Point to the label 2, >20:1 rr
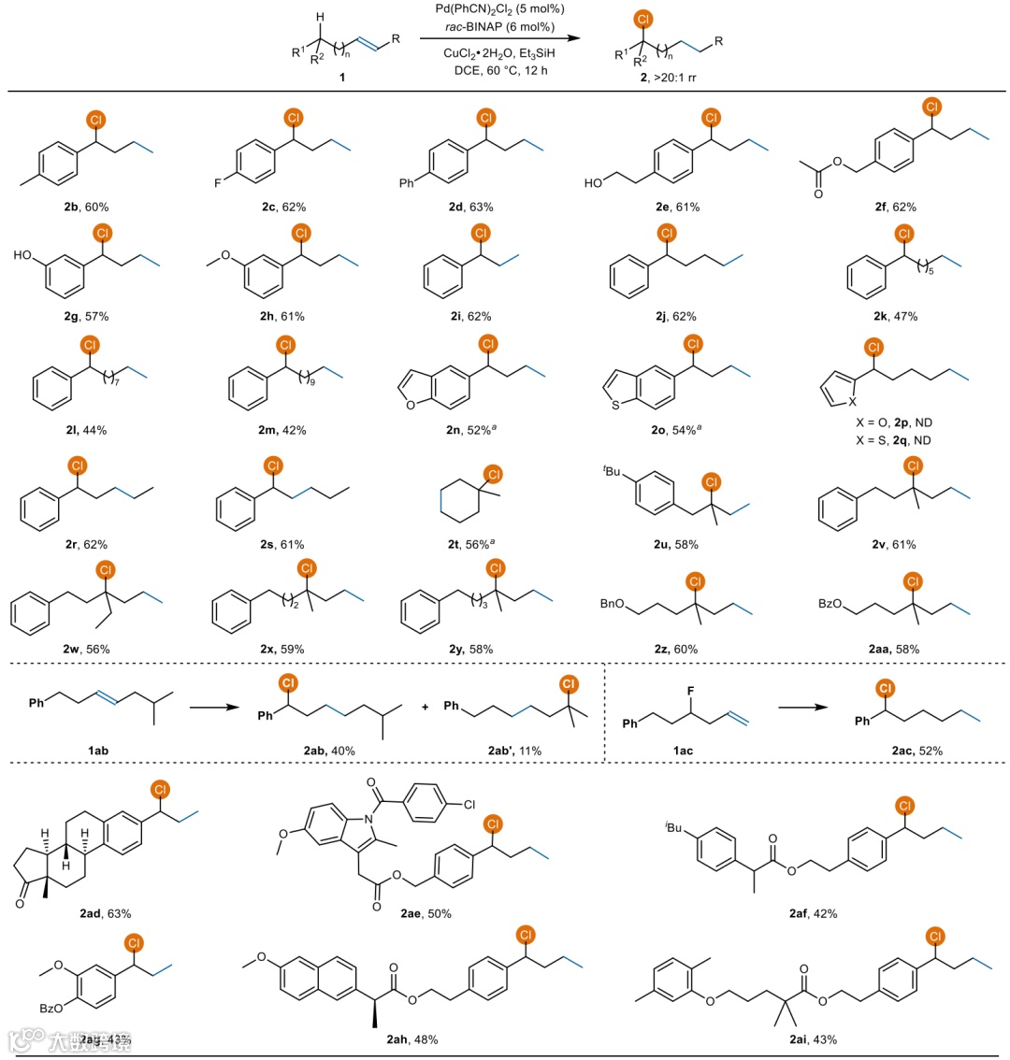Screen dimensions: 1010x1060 pos(672,79)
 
